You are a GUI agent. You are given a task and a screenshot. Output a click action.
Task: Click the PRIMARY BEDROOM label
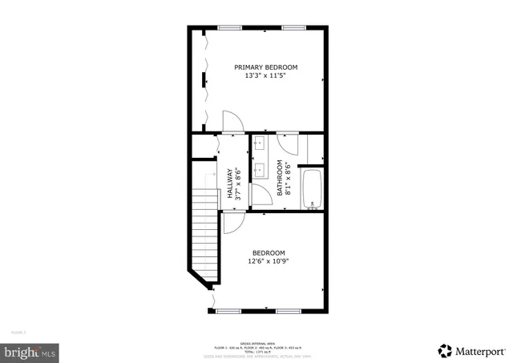point(266,67)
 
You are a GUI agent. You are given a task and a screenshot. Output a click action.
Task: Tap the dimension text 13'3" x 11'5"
point(266,77)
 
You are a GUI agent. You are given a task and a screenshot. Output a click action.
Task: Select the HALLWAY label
point(230,182)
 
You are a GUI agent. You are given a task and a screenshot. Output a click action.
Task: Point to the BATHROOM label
point(281,178)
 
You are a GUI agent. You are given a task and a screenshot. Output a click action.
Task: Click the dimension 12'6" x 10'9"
point(269,262)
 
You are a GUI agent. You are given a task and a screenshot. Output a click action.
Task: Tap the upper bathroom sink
point(259,144)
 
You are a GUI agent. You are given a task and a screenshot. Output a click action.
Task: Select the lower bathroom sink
point(259,170)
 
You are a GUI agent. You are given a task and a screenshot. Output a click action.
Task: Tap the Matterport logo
point(472,350)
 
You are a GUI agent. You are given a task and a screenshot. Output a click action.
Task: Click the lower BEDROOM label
point(269,253)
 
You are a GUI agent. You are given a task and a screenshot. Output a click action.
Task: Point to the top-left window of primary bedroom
point(231,28)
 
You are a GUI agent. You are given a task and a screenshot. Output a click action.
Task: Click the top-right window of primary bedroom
point(293,28)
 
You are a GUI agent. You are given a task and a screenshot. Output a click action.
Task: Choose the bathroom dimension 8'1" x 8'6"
point(289,178)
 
